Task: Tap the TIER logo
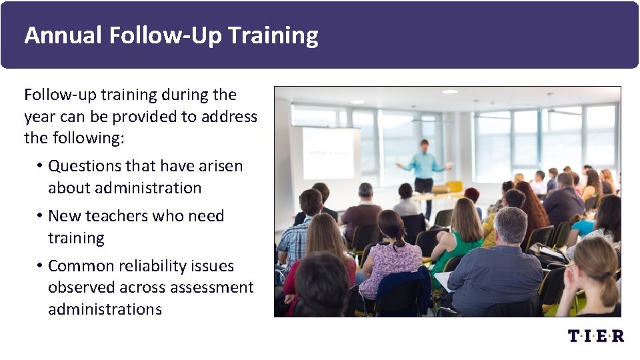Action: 595,335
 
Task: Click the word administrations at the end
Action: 105,309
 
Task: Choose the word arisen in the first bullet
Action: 221,166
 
